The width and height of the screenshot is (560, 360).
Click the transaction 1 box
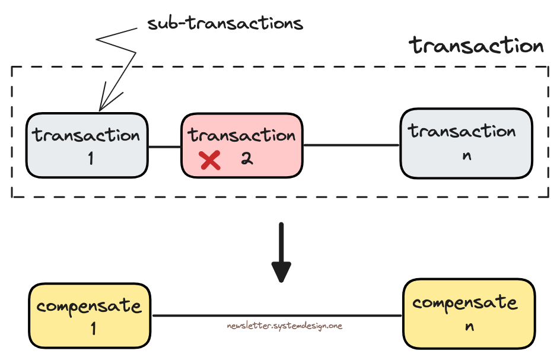pyautogui.click(x=87, y=145)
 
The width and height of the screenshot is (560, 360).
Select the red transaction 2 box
pyautogui.click(x=241, y=145)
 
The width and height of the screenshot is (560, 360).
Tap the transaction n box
pyautogui.click(x=466, y=143)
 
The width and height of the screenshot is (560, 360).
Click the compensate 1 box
pyautogui.click(x=90, y=316)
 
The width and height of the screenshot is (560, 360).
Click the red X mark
pyautogui.click(x=209, y=160)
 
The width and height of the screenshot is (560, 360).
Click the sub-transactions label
pyautogui.click(x=225, y=24)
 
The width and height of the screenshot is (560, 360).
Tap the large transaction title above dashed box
pyautogui.click(x=476, y=46)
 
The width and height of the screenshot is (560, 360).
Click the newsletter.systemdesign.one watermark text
pyautogui.click(x=284, y=326)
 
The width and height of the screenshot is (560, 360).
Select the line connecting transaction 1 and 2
pyautogui.click(x=164, y=146)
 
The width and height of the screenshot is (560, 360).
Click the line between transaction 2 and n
pyautogui.click(x=351, y=145)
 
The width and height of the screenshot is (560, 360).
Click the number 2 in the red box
pyautogui.click(x=247, y=158)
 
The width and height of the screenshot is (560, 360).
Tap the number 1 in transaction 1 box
pyautogui.click(x=90, y=158)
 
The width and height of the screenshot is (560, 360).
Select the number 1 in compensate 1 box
pyautogui.click(x=93, y=329)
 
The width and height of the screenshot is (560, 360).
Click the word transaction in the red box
pyautogui.click(x=242, y=135)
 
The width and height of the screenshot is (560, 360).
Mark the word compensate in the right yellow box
pyautogui.click(x=465, y=302)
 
